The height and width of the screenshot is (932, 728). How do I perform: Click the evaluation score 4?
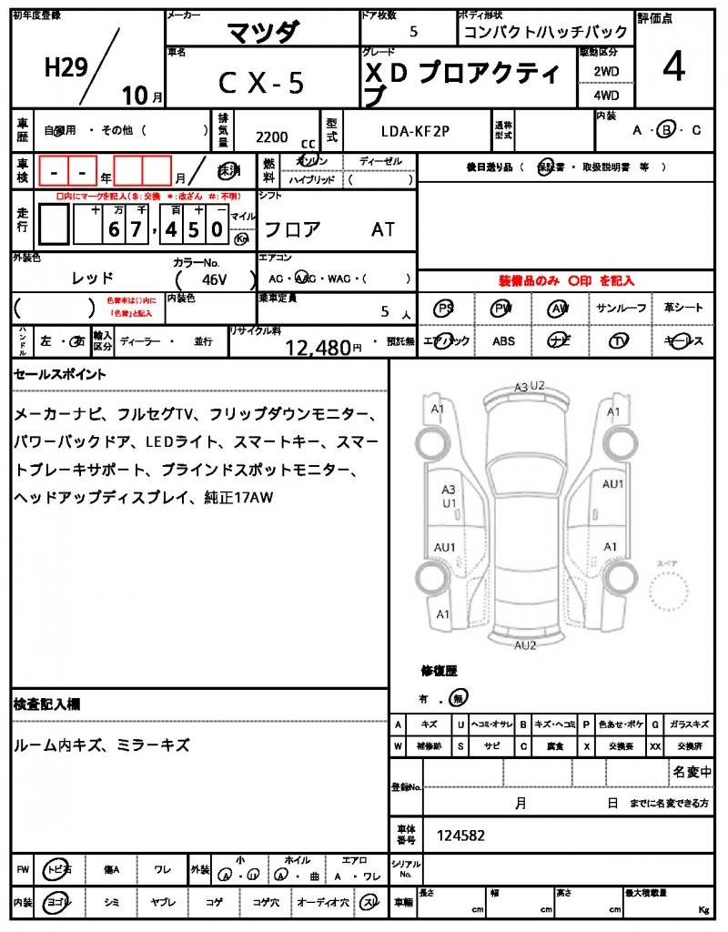(x=673, y=68)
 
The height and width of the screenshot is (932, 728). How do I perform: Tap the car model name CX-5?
(x=261, y=82)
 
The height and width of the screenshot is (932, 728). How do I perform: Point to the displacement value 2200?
(x=272, y=137)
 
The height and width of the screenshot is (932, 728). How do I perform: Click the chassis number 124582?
(x=461, y=834)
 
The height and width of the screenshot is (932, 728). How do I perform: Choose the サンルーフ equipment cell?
(x=622, y=309)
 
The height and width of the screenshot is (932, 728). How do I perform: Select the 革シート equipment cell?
(x=682, y=309)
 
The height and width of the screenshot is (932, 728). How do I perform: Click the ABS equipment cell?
(x=503, y=341)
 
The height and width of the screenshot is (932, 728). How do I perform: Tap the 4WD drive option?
(x=606, y=95)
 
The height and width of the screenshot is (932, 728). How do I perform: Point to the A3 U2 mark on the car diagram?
(x=529, y=387)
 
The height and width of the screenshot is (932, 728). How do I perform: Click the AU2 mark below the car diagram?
(x=525, y=645)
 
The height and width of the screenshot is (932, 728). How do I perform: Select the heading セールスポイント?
(x=60, y=374)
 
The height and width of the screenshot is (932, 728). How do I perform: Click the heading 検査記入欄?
(x=47, y=704)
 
